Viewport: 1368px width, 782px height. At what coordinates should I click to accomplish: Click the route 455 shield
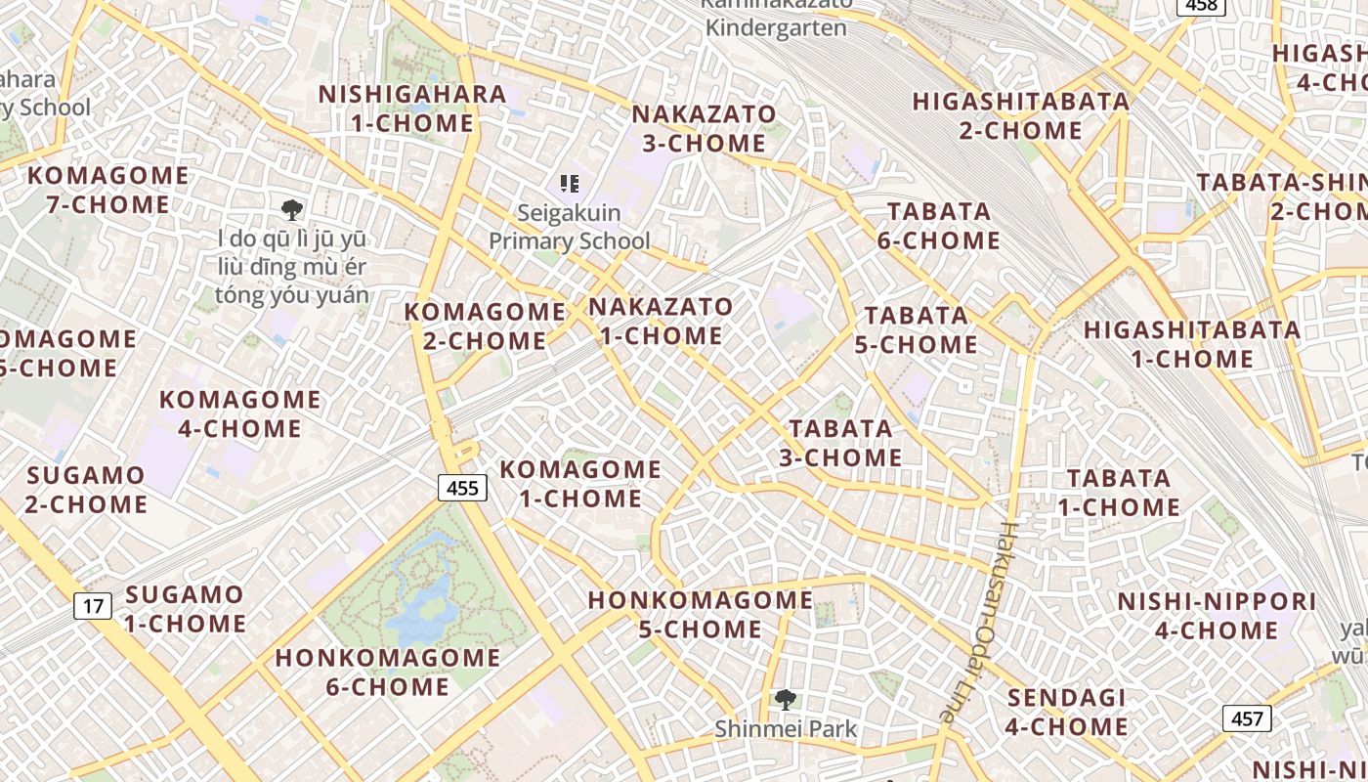click(462, 487)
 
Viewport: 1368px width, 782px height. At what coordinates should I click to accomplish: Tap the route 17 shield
click(93, 606)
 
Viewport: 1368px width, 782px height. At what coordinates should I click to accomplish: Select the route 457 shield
click(1247, 718)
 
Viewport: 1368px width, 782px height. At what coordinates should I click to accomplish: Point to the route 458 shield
click(1201, 6)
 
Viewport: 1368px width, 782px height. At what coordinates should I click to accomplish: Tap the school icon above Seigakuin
click(570, 183)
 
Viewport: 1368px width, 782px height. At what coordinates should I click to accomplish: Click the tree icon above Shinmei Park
click(785, 700)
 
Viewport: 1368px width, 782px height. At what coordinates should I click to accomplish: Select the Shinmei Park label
click(786, 728)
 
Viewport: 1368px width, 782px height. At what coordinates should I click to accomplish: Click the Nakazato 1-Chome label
click(661, 321)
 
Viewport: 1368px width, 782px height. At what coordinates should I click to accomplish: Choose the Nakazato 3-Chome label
click(704, 128)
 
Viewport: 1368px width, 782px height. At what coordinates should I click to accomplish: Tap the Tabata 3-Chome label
click(840, 443)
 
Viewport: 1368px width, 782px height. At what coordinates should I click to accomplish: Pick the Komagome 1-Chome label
click(580, 483)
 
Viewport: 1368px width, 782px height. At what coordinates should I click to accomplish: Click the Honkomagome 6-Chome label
click(388, 672)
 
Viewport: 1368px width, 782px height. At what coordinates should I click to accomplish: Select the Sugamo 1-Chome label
click(185, 608)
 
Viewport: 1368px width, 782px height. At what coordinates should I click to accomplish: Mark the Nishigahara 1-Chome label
click(412, 109)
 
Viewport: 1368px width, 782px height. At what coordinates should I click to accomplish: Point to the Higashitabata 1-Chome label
click(1192, 344)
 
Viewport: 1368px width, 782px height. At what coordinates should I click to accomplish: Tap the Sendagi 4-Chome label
click(1067, 712)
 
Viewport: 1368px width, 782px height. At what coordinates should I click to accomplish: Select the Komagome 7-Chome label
click(108, 190)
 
